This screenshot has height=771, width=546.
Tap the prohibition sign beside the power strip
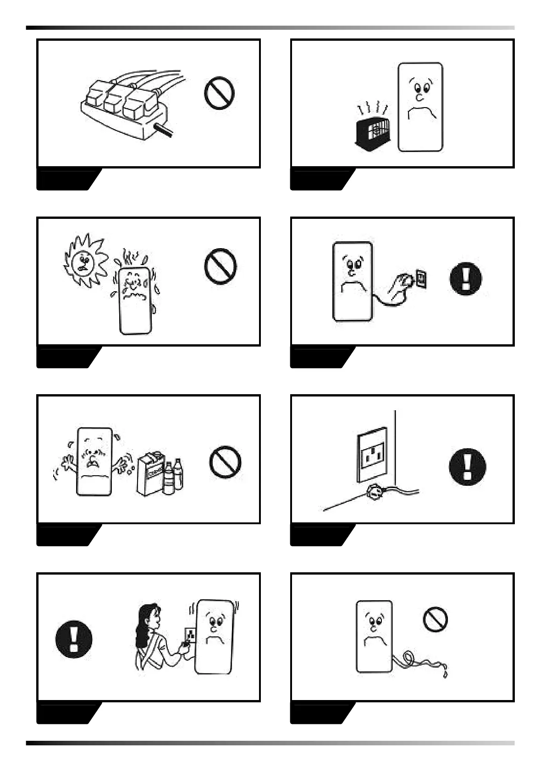pyautogui.click(x=219, y=93)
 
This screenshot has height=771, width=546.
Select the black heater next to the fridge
pyautogui.click(x=372, y=134)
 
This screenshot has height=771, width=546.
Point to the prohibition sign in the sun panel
pyautogui.click(x=220, y=266)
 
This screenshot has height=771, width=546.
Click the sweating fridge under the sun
pyautogui.click(x=135, y=300)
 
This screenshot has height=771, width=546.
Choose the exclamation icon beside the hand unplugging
pyautogui.click(x=466, y=278)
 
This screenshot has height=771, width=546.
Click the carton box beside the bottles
pyautogui.click(x=150, y=474)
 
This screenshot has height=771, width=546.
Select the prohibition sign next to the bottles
pyautogui.click(x=225, y=462)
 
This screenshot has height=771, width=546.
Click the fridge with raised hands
pyautogui.click(x=94, y=462)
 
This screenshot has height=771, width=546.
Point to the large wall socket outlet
pyautogui.click(x=372, y=454)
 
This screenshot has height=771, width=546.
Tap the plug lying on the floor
pyautogui.click(x=372, y=492)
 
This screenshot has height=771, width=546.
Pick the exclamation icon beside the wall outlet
pyautogui.click(x=467, y=466)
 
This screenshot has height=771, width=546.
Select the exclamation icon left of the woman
pyautogui.click(x=73, y=639)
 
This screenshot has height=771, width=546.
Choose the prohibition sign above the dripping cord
pyautogui.click(x=435, y=619)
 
